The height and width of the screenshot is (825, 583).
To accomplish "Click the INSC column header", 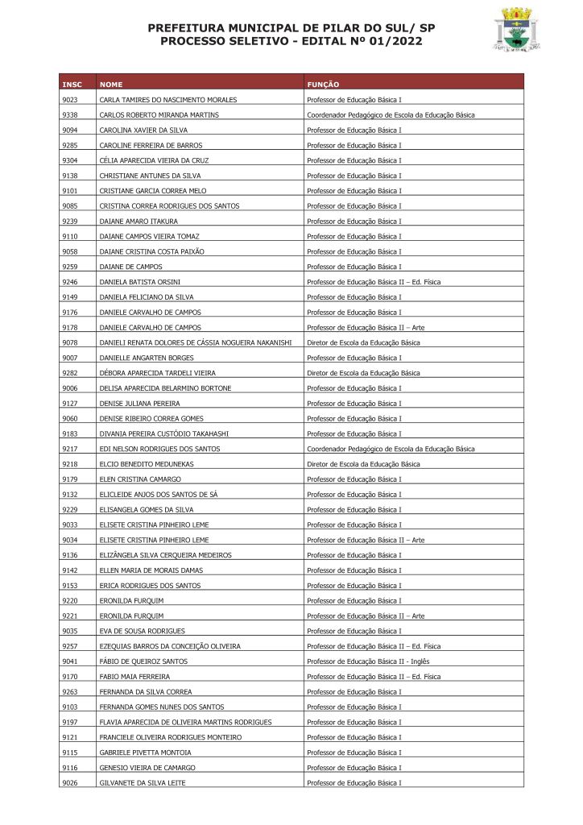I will pos(72,84).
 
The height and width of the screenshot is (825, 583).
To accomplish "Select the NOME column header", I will pos(111,84).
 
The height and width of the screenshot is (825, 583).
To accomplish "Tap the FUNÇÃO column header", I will pos(323,84).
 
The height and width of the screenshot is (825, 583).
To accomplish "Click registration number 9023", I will pos(69,100).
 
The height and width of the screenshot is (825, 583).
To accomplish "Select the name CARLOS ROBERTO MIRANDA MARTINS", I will pos(159,115).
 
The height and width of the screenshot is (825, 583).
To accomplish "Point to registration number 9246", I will pos(69,282).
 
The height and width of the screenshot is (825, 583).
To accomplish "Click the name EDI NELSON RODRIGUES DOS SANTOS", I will pos(159,449).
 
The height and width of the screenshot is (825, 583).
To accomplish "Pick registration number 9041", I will pos(69,661).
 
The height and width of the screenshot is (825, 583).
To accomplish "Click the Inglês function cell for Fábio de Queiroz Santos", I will pos(363,661).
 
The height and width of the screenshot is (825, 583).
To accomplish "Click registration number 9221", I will pos(69,616).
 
